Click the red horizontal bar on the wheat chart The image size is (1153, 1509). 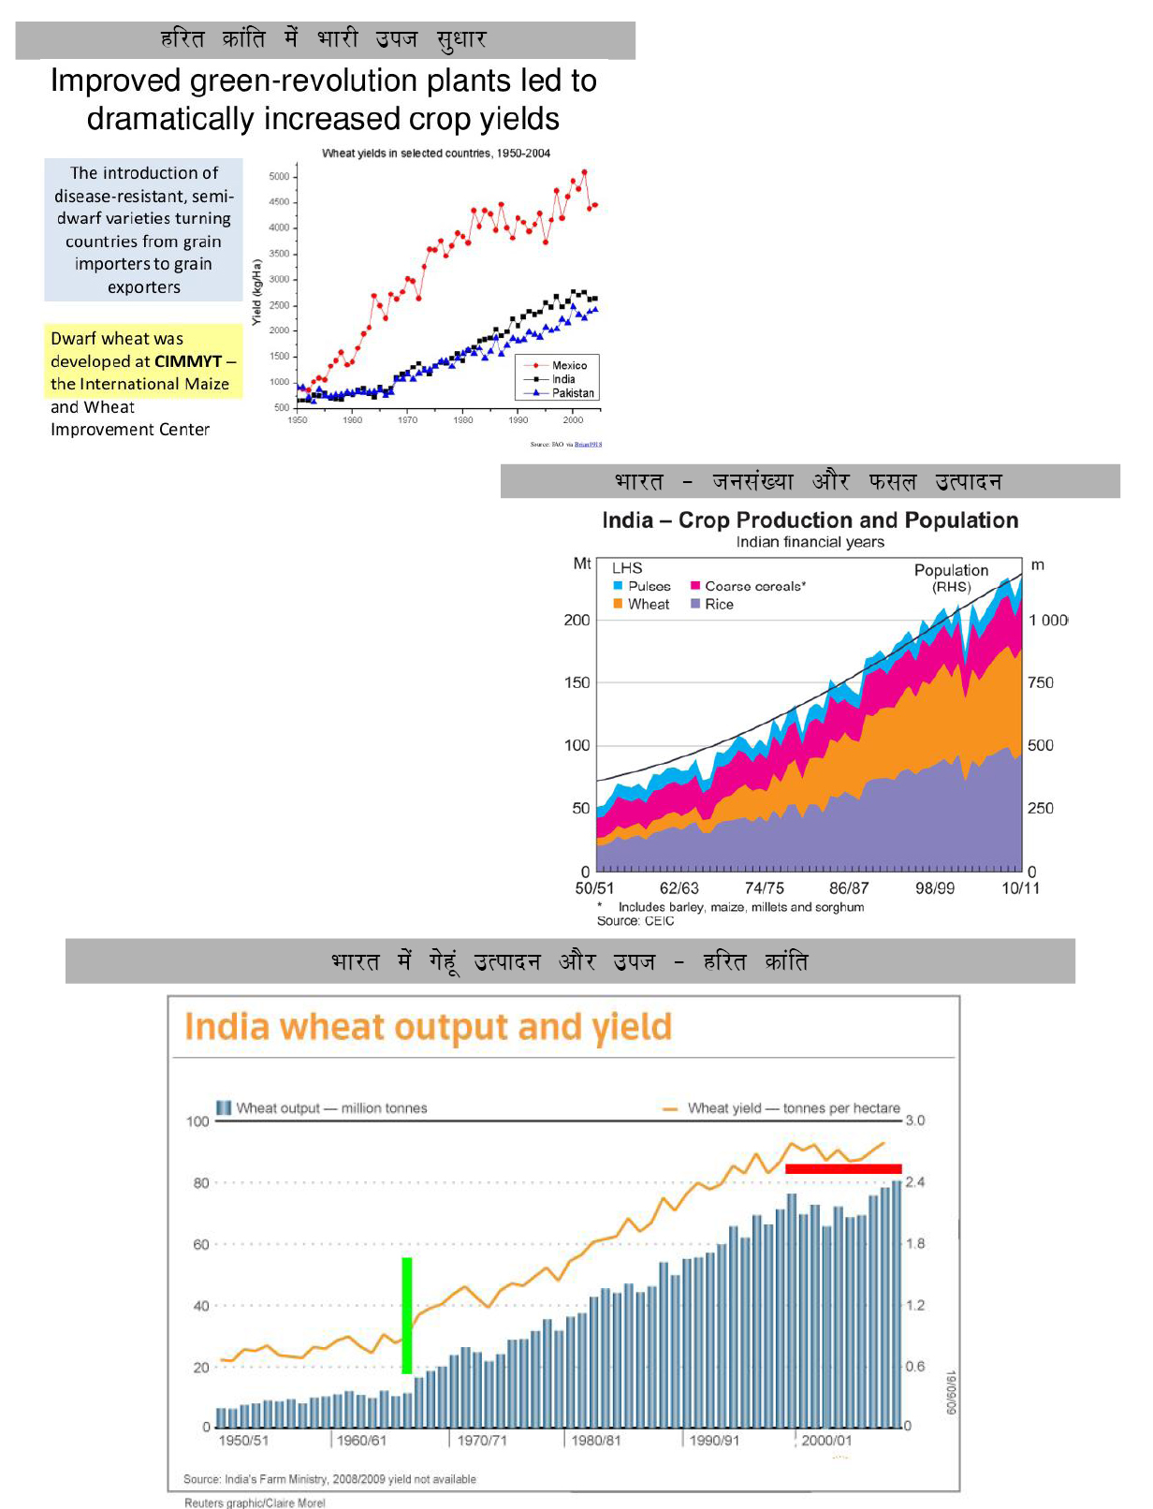[843, 1168]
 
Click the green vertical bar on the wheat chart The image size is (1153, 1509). [407, 1315]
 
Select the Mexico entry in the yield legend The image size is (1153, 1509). [568, 365]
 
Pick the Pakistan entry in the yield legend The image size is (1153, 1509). [572, 393]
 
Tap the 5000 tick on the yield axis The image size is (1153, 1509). [279, 176]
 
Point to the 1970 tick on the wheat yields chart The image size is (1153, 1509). [407, 420]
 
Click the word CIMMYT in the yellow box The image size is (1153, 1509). [188, 361]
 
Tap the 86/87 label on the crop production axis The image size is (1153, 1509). [849, 888]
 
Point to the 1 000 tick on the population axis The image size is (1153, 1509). [1048, 620]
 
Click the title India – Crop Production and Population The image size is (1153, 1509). [810, 520]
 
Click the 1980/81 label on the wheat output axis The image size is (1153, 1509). [596, 1441]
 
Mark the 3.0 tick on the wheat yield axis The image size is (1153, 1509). [914, 1121]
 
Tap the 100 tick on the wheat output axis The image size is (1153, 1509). [197, 1121]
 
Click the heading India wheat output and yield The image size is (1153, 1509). [428, 1027]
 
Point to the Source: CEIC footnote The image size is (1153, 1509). [635, 921]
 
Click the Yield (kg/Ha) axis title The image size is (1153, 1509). [255, 292]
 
